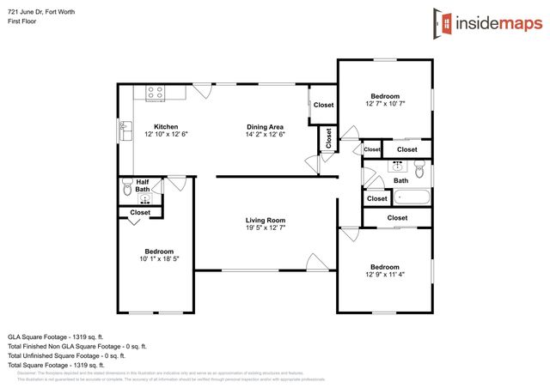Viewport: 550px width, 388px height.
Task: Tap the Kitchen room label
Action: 166,126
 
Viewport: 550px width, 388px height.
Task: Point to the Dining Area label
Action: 265,126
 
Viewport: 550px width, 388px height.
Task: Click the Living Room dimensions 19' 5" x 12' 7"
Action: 265,229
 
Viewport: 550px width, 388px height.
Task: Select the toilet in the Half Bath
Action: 127,185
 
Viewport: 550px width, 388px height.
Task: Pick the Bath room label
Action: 400,180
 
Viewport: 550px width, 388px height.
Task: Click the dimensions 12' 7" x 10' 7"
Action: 384,105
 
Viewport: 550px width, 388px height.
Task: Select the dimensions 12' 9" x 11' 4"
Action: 384,276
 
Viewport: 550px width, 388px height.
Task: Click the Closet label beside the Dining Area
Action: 323,105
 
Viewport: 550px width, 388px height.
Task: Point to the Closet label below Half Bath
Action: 139,212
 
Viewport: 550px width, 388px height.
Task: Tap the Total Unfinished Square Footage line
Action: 67,355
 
